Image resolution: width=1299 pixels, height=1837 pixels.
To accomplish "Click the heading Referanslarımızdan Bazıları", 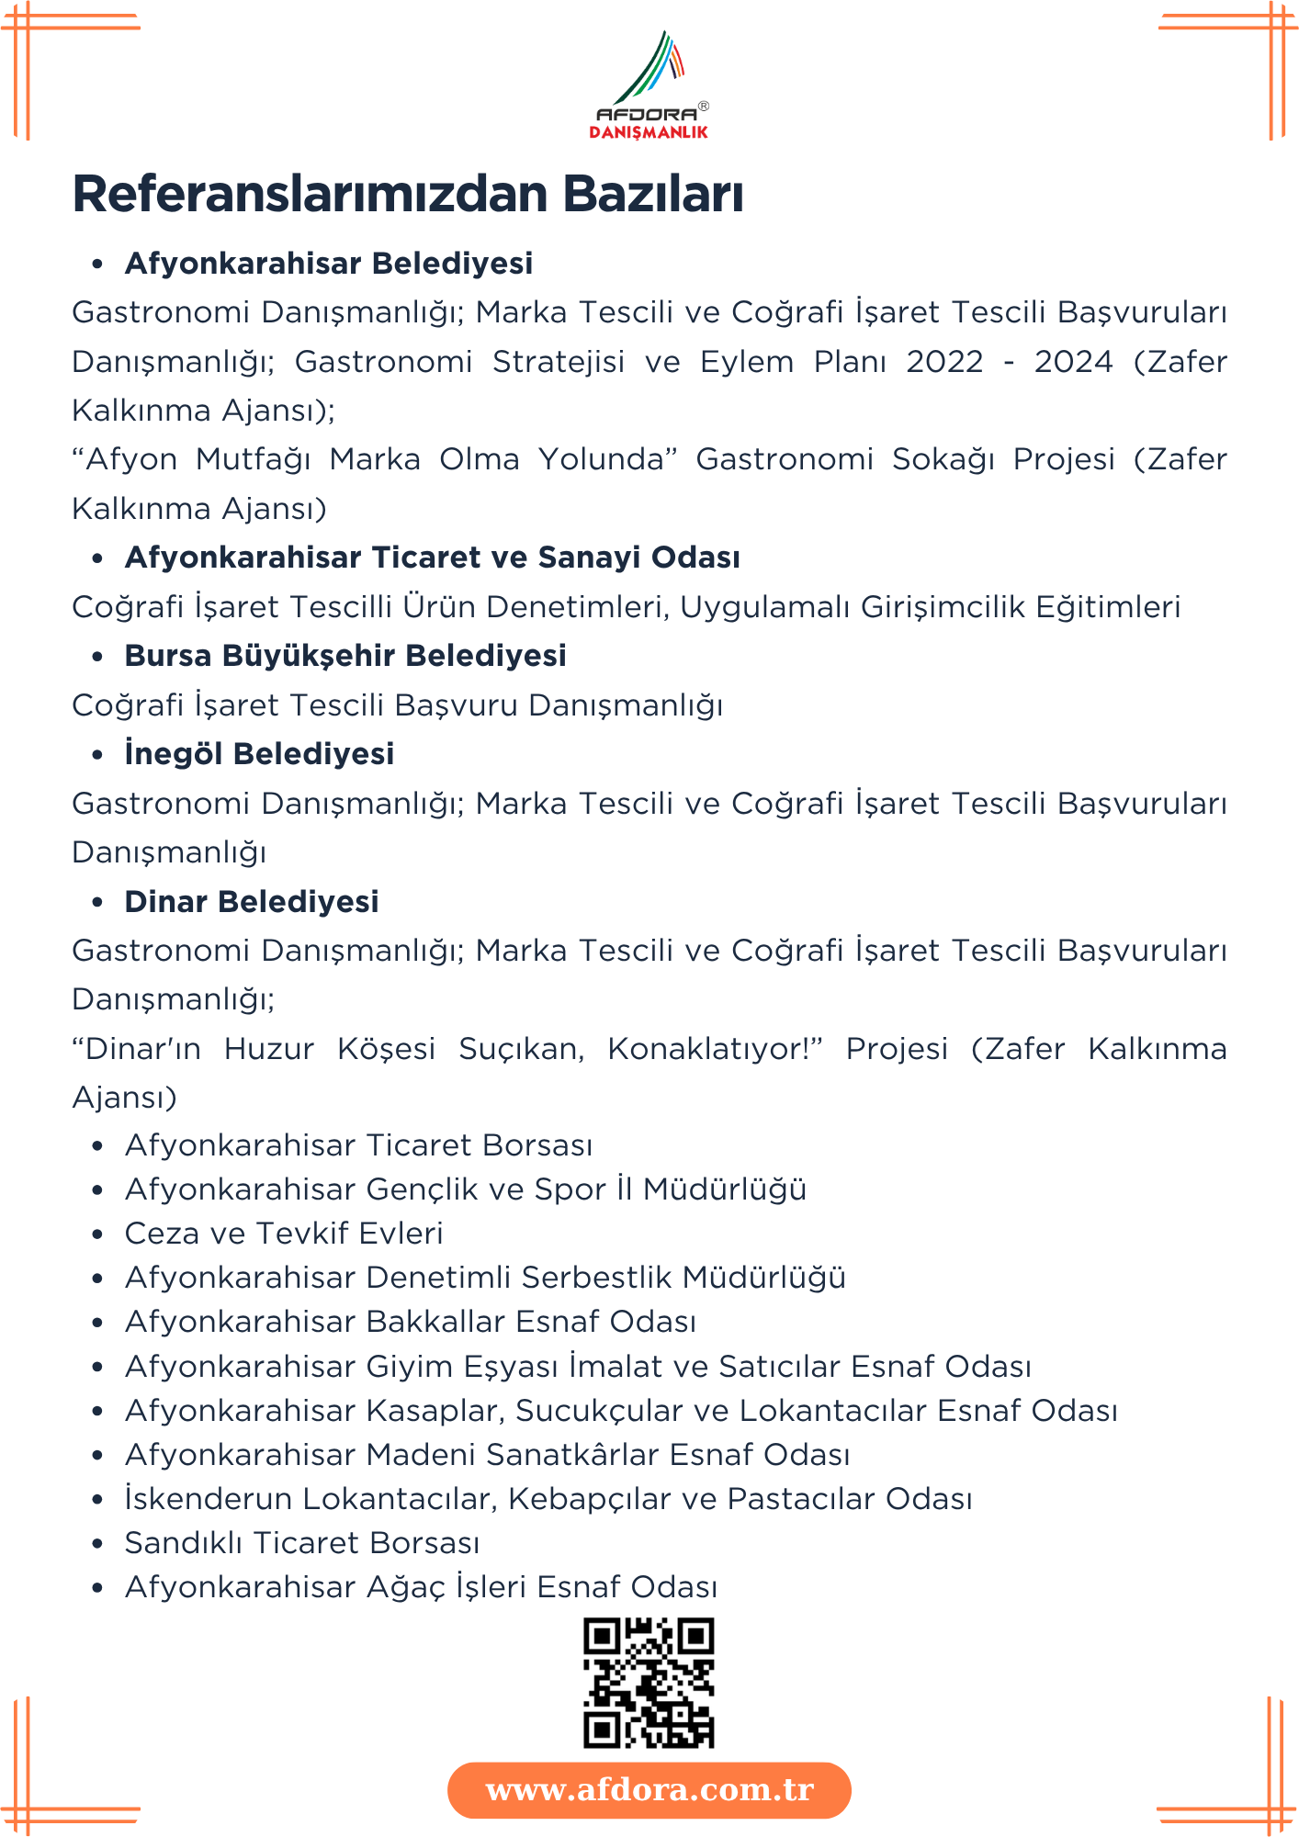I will [x=408, y=194].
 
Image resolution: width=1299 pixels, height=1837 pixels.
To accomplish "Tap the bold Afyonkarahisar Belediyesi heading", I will [x=328, y=264].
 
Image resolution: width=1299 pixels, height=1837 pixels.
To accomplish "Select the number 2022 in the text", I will [x=944, y=362].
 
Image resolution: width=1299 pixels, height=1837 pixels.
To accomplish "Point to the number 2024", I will [x=1073, y=362].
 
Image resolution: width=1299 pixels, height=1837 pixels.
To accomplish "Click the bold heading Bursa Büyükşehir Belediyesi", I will [x=345, y=656].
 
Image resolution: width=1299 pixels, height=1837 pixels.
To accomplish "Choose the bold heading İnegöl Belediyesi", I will [x=259, y=754].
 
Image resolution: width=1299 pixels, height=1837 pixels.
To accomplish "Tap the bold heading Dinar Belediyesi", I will [x=252, y=902].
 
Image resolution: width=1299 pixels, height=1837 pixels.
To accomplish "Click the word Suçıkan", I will [x=521, y=1049].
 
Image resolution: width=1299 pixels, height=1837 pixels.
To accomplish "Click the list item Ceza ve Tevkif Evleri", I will [x=284, y=1234].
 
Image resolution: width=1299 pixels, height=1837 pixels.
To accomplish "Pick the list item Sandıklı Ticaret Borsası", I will [x=302, y=1543].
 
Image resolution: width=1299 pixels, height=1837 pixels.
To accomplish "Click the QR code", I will [x=649, y=1683].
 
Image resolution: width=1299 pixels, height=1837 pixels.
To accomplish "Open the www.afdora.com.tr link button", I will [x=649, y=1790].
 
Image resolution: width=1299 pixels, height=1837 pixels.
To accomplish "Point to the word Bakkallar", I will [x=436, y=1322].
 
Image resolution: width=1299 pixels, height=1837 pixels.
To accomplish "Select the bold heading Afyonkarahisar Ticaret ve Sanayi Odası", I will [x=432, y=558].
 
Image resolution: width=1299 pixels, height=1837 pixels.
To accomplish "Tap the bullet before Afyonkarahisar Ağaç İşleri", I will [x=97, y=1588].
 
